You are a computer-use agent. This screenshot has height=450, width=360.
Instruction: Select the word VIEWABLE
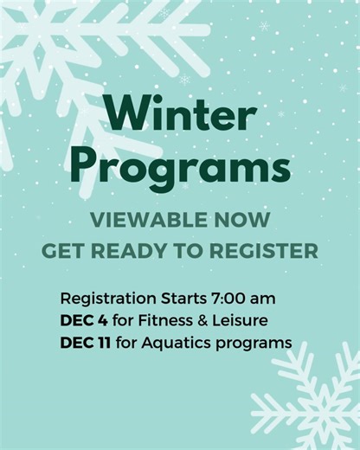[x=145, y=219]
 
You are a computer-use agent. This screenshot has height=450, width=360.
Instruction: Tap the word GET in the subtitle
[x=61, y=252]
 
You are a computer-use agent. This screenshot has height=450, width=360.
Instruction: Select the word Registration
[x=105, y=299]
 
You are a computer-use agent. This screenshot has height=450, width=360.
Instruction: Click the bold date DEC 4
[x=83, y=321]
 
